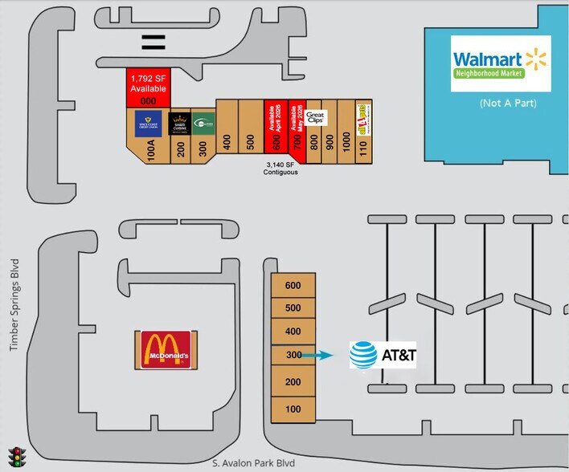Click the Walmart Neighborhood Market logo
(501, 63)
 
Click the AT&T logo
(383, 355)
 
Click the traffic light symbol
(15, 457)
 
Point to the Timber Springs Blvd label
(13, 310)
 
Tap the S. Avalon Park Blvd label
(253, 463)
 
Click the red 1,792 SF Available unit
(148, 87)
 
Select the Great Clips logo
(314, 119)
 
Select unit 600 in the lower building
(293, 285)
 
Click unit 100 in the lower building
(293, 409)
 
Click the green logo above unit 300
(203, 123)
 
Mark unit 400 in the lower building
(293, 331)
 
